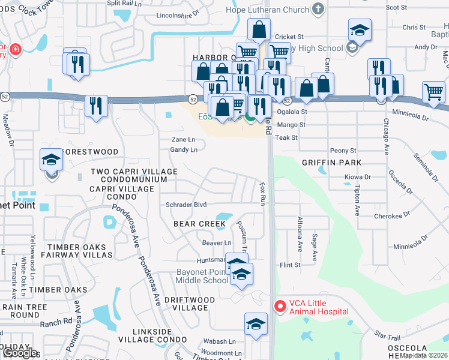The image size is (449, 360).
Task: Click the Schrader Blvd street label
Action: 186,205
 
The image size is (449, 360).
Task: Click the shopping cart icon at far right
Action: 433,92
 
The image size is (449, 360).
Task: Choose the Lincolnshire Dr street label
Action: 176,16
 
